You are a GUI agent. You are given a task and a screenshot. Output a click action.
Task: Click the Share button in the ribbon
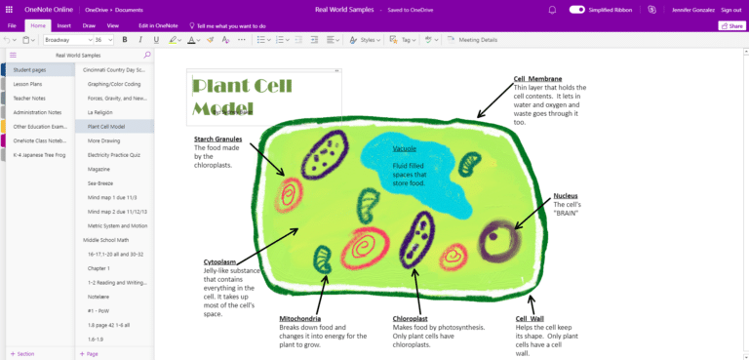pyautogui.click(x=730, y=25)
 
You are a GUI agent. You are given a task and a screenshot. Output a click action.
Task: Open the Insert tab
pyautogui.click(x=63, y=25)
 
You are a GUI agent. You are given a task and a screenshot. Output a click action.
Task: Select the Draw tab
pyautogui.click(x=90, y=25)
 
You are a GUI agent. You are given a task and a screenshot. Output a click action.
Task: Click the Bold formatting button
pyautogui.click(x=126, y=40)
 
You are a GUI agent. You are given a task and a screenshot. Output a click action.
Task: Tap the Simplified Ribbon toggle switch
pyautogui.click(x=577, y=9)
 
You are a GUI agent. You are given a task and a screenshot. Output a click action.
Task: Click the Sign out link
pyautogui.click(x=730, y=9)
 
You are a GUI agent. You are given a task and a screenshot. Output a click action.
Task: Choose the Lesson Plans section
pyautogui.click(x=27, y=84)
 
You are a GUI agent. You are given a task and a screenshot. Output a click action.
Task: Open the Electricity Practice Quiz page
pyautogui.click(x=115, y=155)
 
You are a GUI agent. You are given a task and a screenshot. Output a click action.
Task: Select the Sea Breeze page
pyautogui.click(x=100, y=183)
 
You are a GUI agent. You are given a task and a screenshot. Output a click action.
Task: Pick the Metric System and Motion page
pyautogui.click(x=117, y=225)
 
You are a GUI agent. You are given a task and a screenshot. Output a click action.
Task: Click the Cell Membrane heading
pyautogui.click(x=537, y=79)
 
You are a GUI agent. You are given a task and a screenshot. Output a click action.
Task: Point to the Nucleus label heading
pyautogui.click(x=566, y=195)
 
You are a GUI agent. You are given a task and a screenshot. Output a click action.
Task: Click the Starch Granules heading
pyautogui.click(x=218, y=139)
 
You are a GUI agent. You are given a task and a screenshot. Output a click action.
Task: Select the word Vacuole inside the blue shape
pyautogui.click(x=405, y=149)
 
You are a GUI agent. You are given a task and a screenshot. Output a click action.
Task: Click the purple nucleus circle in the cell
pyautogui.click(x=499, y=237)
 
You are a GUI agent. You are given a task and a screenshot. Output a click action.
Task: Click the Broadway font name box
pyautogui.click(x=64, y=40)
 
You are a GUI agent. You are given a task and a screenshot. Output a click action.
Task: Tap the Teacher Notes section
pyautogui.click(x=29, y=99)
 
